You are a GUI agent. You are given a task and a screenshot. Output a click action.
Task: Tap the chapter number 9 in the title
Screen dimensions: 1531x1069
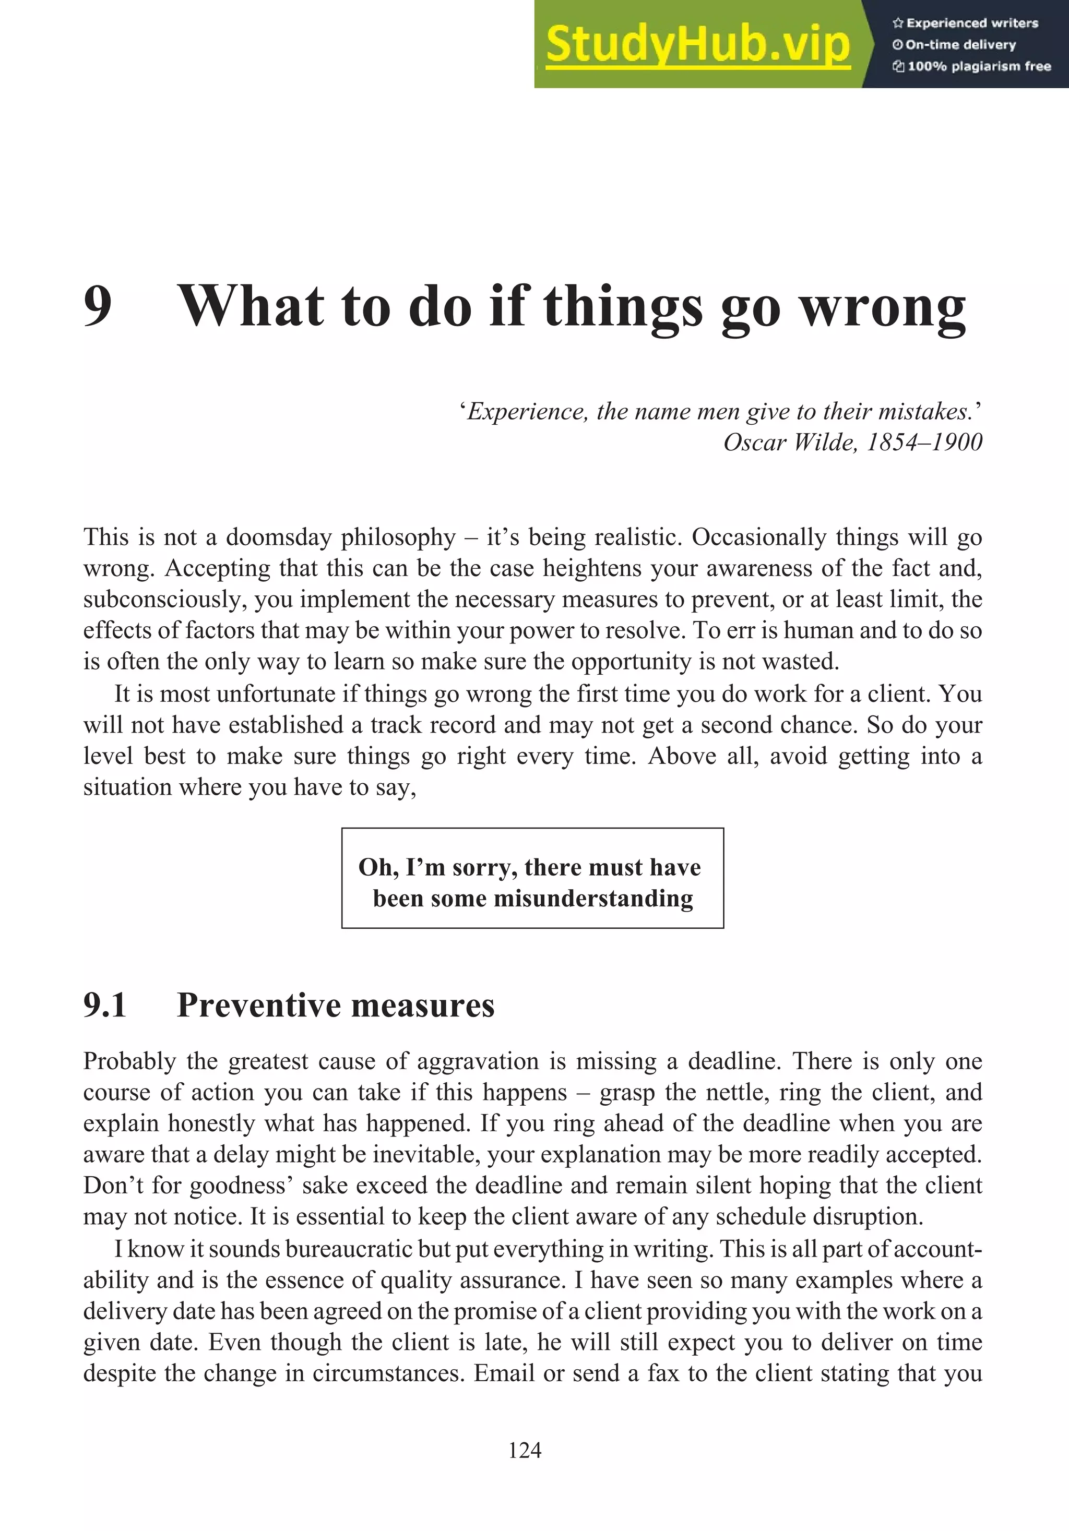point(98,306)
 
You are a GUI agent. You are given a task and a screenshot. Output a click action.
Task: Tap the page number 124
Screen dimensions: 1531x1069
point(525,1450)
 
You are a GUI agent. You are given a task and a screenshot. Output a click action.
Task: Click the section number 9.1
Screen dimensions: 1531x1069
point(105,1005)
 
